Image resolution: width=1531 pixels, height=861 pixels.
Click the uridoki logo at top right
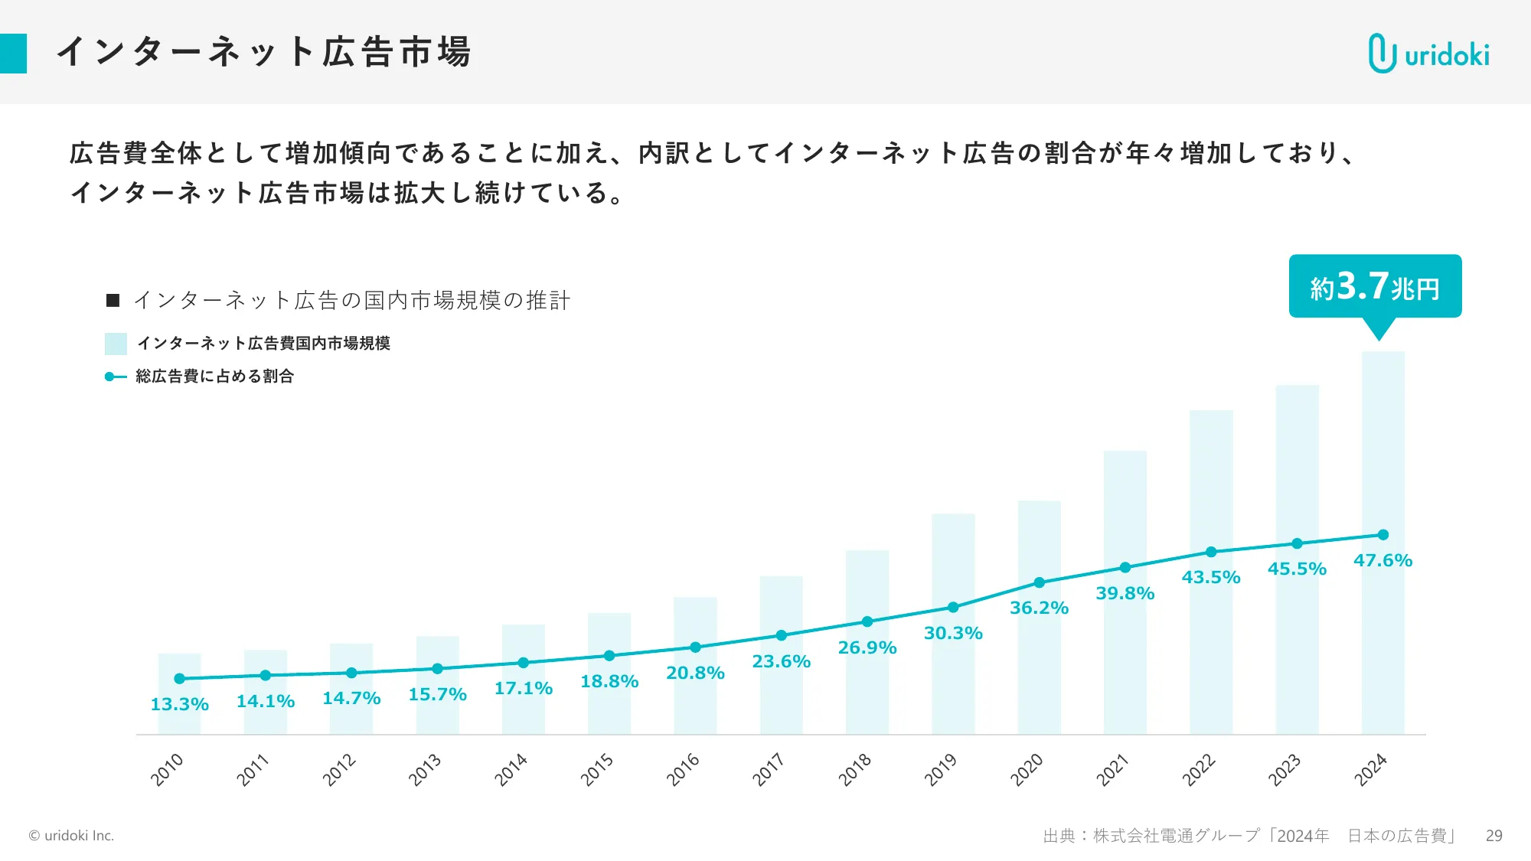click(x=1428, y=54)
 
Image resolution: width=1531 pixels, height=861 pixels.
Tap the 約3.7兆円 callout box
click(x=1375, y=286)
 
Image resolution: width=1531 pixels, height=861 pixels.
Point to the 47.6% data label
click(x=1382, y=560)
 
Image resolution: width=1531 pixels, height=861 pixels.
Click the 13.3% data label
click(x=179, y=704)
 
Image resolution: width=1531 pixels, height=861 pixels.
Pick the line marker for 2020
click(x=1039, y=582)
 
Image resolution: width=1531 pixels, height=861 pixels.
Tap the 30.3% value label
click(x=953, y=633)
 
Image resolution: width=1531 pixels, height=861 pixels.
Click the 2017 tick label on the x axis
click(x=768, y=769)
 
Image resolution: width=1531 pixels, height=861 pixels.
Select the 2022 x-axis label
click(x=1198, y=769)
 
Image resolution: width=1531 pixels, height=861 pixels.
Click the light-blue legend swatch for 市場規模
click(x=116, y=344)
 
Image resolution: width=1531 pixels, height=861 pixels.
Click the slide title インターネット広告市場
click(x=264, y=52)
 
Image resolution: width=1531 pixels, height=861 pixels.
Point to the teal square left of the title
click(x=13, y=54)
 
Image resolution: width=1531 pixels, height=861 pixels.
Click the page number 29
click(x=1493, y=836)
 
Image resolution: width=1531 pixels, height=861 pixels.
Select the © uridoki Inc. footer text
click(x=71, y=836)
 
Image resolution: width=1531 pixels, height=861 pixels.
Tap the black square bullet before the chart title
click(x=113, y=300)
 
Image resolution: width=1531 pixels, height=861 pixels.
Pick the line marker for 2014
click(x=523, y=663)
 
